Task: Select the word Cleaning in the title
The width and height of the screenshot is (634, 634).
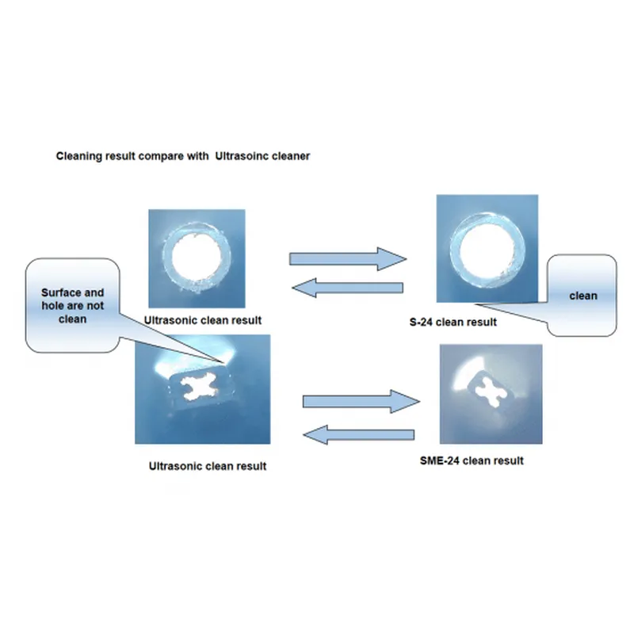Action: [x=77, y=156]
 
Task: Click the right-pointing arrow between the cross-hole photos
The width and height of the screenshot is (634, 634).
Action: [x=361, y=401]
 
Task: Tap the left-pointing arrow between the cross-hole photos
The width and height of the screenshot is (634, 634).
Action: [x=361, y=434]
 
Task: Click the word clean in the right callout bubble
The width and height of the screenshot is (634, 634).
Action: [x=583, y=296]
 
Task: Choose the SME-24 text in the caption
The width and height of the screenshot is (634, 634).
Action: [x=440, y=460]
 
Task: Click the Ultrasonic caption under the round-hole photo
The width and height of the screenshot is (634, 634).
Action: [x=180, y=321]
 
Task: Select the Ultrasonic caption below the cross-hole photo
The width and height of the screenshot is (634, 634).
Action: [x=184, y=466]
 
